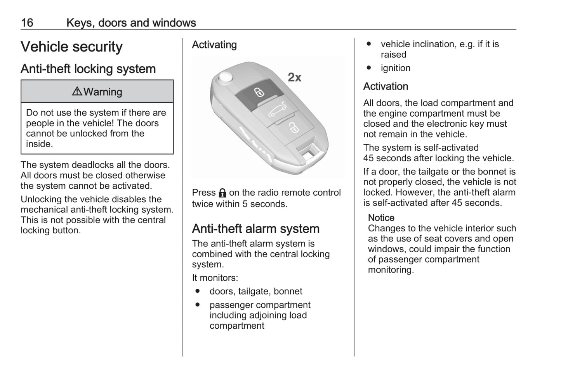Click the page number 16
(x=27, y=23)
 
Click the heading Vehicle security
(x=71, y=47)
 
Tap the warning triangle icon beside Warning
(x=77, y=91)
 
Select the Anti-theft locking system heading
(x=88, y=69)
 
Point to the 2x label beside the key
(x=294, y=78)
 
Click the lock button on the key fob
(x=258, y=93)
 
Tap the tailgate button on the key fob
(x=277, y=110)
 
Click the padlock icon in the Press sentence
(x=222, y=193)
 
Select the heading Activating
(x=214, y=45)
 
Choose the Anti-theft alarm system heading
(x=255, y=229)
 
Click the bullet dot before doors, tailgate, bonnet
(x=198, y=291)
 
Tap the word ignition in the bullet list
(x=395, y=68)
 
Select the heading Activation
(x=386, y=86)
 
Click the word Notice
(x=381, y=218)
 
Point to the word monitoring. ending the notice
(x=391, y=270)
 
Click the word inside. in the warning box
(x=39, y=144)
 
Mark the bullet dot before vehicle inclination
(x=369, y=44)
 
